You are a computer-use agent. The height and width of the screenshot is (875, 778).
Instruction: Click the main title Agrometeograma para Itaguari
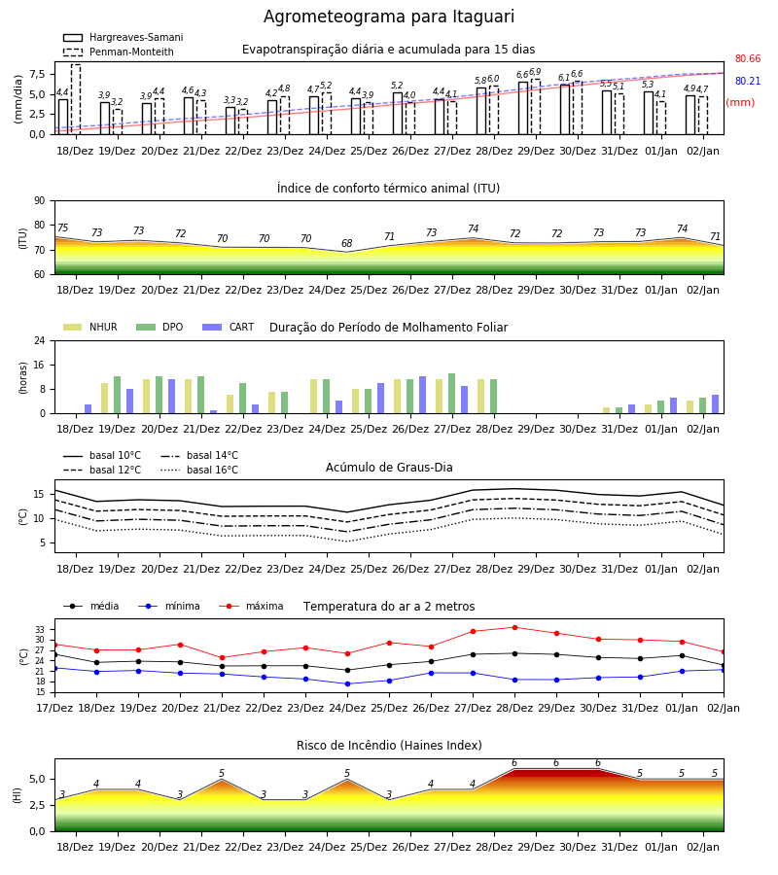pos(388,17)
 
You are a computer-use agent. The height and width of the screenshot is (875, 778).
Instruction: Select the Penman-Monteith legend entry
pos(119,52)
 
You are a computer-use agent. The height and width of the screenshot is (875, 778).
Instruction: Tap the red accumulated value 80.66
pos(748,58)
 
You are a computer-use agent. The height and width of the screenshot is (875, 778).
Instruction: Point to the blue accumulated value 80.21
pos(748,81)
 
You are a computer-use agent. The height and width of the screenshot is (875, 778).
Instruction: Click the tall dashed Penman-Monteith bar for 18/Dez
pos(75,99)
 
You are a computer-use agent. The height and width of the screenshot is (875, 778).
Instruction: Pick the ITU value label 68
pos(346,243)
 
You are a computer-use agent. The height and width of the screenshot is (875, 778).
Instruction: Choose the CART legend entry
pos(229,327)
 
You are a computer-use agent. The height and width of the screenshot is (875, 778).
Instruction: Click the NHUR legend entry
pos(90,327)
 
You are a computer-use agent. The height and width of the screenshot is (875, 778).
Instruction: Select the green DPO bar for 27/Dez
pos(451,394)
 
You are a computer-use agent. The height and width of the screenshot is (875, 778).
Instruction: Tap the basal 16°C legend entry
pos(199,470)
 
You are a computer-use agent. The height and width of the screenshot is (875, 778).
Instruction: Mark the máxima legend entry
pos(251,606)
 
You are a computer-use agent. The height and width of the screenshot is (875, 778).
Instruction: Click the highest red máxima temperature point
pos(514,627)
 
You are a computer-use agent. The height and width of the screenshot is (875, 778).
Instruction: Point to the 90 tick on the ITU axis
pos(40,201)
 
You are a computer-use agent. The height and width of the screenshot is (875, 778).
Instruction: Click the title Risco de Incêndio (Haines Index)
pos(389,746)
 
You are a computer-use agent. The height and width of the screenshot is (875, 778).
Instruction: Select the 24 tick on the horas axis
pos(40,340)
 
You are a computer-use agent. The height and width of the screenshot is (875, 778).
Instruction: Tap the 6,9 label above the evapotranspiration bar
pos(535,72)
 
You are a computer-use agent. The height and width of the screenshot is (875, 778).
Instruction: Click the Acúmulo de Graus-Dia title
pos(389,467)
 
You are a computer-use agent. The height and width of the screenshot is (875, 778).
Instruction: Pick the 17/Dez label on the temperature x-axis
pos(54,708)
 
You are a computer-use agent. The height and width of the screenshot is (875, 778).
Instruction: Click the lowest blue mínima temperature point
pos(348,683)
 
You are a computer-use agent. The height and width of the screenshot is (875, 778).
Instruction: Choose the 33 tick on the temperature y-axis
pos(40,629)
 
